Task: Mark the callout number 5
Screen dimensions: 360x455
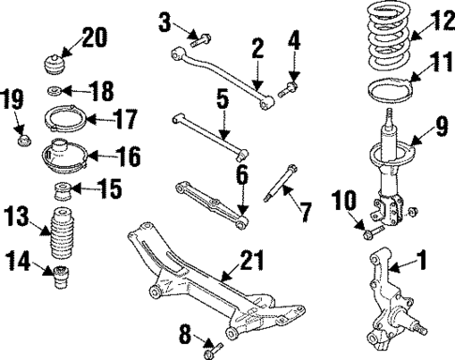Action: [x=223, y=97]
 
